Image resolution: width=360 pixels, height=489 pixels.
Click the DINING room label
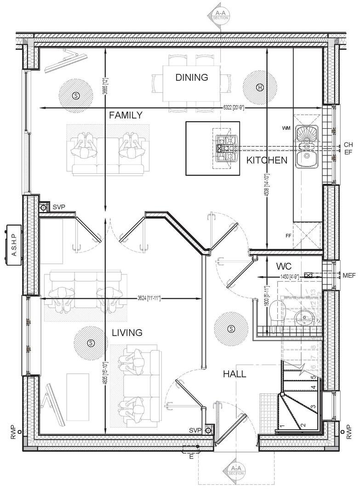[x=191, y=77]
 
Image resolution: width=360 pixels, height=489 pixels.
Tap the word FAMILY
[x=126, y=115]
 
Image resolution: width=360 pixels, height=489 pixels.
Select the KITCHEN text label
[x=267, y=160]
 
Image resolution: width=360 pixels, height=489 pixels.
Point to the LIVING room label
[x=127, y=332]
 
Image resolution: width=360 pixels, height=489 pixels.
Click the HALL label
[x=234, y=374]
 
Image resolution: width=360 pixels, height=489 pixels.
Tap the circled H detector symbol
[x=260, y=87]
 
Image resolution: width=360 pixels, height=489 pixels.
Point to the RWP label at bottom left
[x=14, y=432]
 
